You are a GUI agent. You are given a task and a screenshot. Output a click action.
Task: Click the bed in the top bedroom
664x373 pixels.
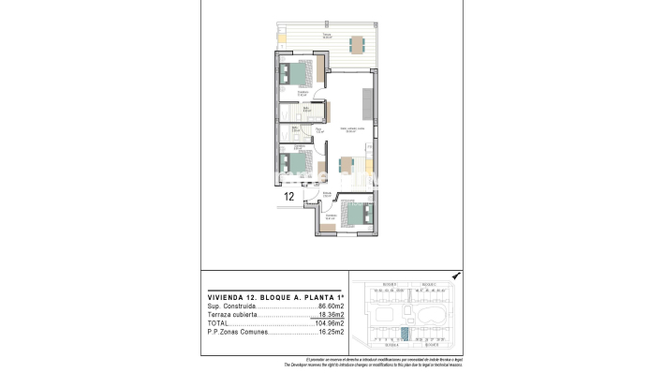[x=298, y=73]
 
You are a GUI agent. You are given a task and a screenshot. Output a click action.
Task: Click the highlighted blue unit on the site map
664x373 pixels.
[x=406, y=333]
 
